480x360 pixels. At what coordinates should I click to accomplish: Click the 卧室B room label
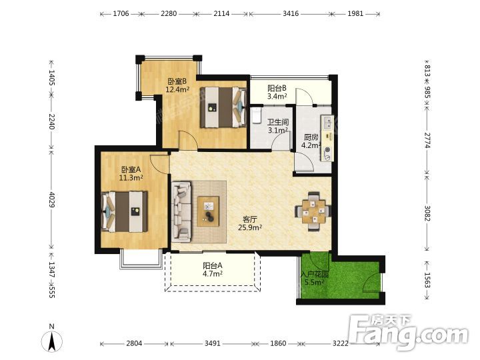[x=177, y=81]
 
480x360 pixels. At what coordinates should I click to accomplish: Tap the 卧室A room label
[x=131, y=169]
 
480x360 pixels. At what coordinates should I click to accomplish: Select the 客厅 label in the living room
[x=250, y=219]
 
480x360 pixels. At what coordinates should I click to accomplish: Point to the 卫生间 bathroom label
[x=278, y=122]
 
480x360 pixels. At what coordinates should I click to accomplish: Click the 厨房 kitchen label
[x=311, y=137]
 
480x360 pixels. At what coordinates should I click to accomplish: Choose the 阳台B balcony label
[x=277, y=88]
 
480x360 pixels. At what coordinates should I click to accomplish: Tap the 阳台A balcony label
[x=213, y=266]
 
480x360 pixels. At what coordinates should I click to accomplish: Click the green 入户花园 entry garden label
[x=315, y=274]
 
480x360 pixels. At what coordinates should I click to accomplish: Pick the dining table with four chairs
[x=313, y=211]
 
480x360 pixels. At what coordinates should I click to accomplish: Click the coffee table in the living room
[x=208, y=211]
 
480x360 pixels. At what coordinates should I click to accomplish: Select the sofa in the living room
[x=181, y=211]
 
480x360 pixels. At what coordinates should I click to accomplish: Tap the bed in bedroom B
[x=223, y=107]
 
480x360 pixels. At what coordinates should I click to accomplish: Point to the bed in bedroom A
[x=124, y=211]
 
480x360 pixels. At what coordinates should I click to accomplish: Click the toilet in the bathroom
[x=256, y=115]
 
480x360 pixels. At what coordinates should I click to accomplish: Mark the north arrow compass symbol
[x=52, y=340]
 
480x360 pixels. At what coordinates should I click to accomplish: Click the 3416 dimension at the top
[x=291, y=13]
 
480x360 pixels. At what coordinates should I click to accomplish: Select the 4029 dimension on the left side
[x=51, y=199]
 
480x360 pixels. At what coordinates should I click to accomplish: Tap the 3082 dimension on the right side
[x=427, y=213]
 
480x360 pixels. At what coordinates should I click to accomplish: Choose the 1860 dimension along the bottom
[x=278, y=343]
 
